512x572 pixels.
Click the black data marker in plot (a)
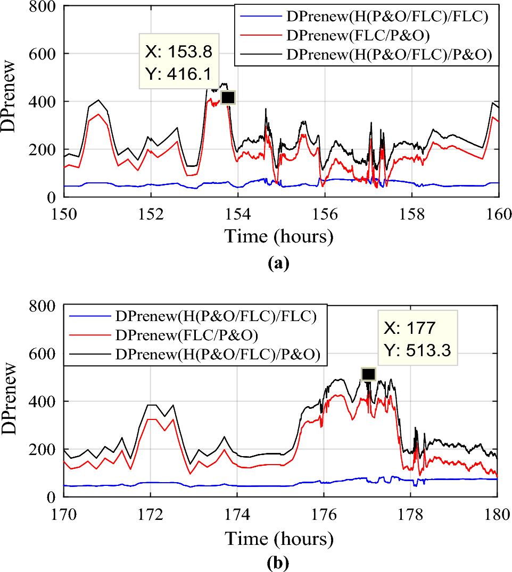[x=228, y=98]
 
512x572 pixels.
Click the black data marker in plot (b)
[x=368, y=374]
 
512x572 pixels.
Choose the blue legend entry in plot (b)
[x=216, y=317]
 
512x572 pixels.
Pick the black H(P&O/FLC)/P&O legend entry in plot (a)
[x=389, y=54]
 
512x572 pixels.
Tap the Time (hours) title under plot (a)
[x=279, y=235]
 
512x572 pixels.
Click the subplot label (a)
[x=279, y=263]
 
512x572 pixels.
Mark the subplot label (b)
[x=279, y=562]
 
